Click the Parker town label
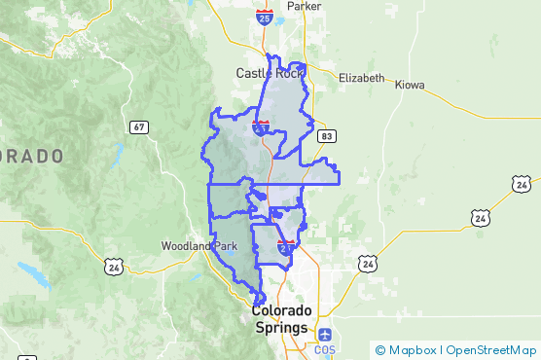(x=304, y=6)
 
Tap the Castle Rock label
(x=270, y=73)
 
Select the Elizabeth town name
(x=361, y=78)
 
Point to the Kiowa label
(x=410, y=85)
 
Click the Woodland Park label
(x=199, y=246)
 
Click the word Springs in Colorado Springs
(x=281, y=329)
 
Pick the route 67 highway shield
(x=139, y=126)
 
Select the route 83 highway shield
(x=327, y=136)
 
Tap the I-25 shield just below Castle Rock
(x=261, y=126)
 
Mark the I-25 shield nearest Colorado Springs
(x=286, y=247)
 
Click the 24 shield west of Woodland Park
(x=113, y=265)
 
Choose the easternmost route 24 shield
(x=522, y=183)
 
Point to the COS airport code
(x=324, y=349)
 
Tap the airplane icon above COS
(x=324, y=336)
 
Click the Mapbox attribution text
(x=413, y=349)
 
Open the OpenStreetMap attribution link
(x=491, y=349)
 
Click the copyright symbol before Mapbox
(x=380, y=349)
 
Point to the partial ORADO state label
(x=31, y=156)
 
